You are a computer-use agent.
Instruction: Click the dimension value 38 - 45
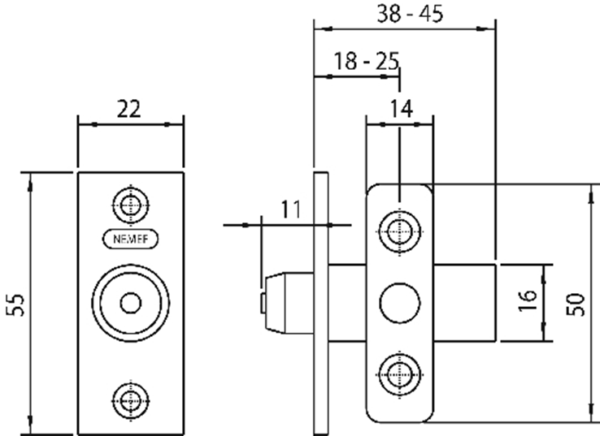point(410,14)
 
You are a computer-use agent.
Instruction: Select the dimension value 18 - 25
point(367,61)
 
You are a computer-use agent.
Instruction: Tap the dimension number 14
point(402,109)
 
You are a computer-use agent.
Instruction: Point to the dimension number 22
point(129,109)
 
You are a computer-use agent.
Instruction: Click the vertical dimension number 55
point(16,305)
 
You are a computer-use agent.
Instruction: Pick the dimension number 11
point(291,209)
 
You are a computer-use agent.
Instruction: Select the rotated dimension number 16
point(528,300)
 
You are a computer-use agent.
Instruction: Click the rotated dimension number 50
point(576,304)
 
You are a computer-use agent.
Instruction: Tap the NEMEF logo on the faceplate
point(130,240)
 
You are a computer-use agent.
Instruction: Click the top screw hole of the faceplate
point(131,205)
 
